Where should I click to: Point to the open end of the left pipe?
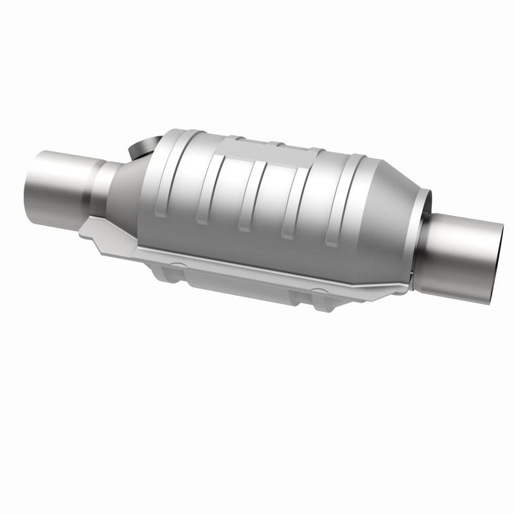tap(32, 173)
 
